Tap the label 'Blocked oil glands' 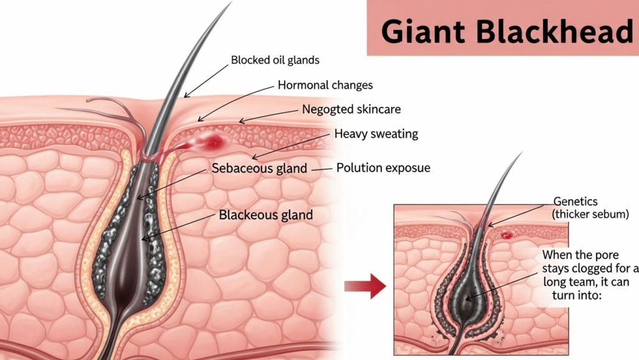click(x=275, y=61)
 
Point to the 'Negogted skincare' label click(x=351, y=109)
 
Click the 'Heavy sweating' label click(x=376, y=134)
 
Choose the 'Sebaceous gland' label click(x=259, y=168)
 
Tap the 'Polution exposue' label click(x=383, y=168)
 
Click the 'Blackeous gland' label click(x=266, y=216)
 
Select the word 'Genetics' click(x=575, y=202)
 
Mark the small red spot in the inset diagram click(x=506, y=235)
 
